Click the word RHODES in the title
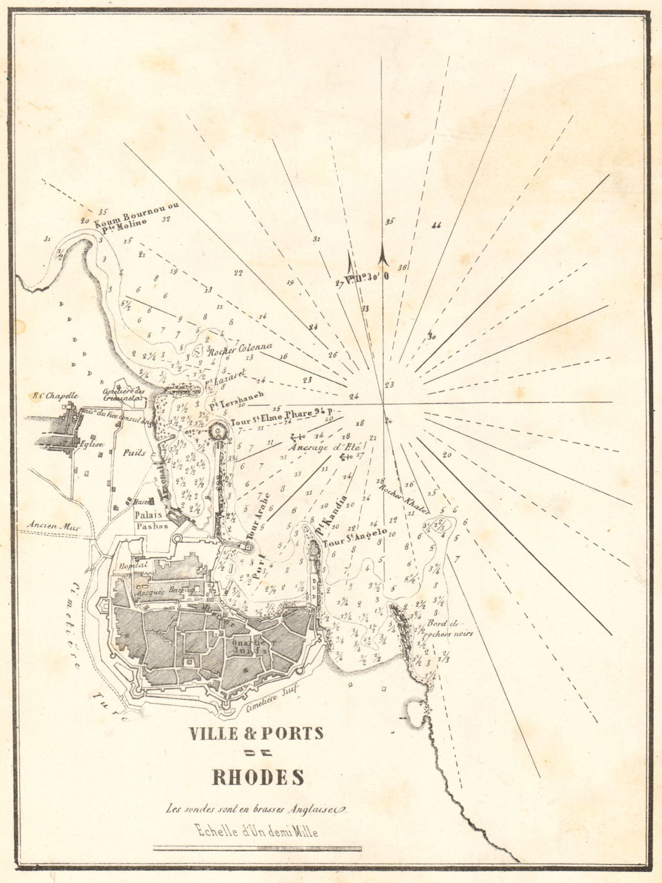tap(258, 776)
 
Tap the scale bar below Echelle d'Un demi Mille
tap(257, 848)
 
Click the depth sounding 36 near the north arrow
tap(402, 268)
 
